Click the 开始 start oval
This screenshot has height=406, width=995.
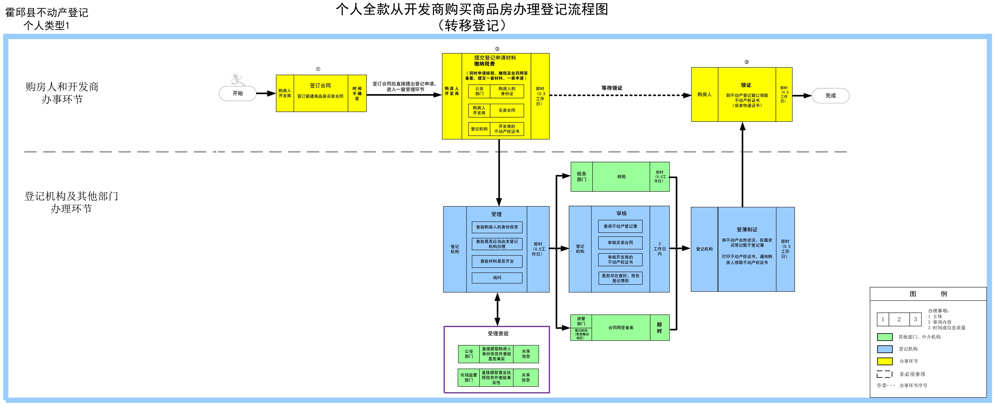(238, 93)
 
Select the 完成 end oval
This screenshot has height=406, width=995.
(830, 96)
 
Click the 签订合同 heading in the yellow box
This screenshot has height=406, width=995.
(320, 86)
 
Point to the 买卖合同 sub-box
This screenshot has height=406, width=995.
(507, 111)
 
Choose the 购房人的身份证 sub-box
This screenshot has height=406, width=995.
(507, 91)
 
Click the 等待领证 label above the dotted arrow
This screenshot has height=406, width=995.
(612, 88)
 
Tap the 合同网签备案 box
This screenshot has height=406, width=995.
(621, 328)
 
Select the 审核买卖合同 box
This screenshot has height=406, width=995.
(620, 243)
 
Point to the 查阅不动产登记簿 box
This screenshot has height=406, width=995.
(620, 226)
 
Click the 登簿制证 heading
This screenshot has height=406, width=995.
(747, 229)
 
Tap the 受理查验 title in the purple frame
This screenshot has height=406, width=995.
(498, 333)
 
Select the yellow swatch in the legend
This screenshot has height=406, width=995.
(884, 361)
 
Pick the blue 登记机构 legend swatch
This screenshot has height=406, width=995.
(884, 349)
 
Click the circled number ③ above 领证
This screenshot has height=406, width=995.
(746, 62)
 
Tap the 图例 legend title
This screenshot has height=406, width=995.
(928, 294)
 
